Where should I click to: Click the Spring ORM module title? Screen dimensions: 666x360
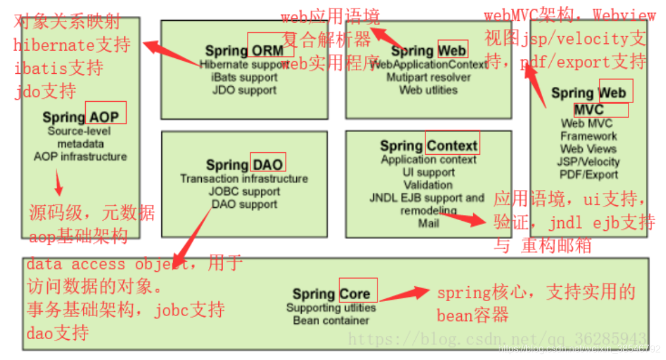244,51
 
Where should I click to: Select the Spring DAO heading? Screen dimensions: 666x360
245,165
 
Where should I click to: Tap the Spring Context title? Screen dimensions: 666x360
429,146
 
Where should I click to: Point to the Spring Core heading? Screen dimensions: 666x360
331,294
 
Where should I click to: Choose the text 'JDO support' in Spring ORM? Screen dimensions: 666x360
244,90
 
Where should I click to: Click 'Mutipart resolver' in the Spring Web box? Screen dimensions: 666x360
429,77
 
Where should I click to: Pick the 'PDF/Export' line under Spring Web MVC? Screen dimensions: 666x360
589,174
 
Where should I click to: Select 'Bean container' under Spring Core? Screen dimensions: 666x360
331,321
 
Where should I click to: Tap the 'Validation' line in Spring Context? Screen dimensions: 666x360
429,185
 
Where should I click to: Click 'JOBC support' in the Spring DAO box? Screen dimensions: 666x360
244,192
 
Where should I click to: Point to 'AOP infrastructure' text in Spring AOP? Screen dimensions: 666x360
80,156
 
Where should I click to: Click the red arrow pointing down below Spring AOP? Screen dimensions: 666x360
58,184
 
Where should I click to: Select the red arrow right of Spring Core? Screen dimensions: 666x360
405,294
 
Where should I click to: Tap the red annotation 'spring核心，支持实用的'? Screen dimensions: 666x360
536,293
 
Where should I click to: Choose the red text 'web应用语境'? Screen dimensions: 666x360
330,16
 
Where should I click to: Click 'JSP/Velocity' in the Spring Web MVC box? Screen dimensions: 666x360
589,162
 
